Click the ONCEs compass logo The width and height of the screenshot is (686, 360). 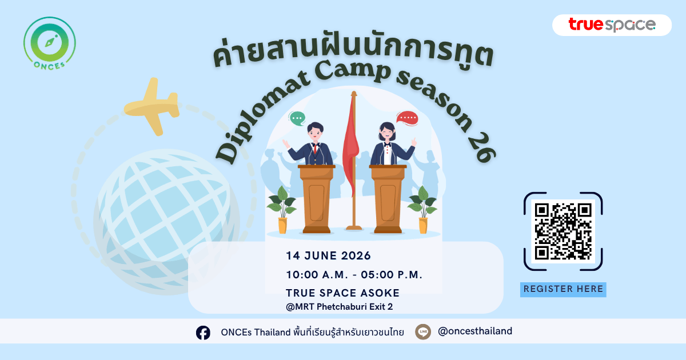point(50,43)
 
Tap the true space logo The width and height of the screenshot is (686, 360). point(612,25)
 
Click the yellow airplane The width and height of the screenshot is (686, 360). point(152,106)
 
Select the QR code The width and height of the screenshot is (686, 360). point(563,231)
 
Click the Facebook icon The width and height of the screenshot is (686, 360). point(203,333)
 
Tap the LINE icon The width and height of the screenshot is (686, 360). point(423,332)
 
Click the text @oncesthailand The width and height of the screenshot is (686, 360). point(475,331)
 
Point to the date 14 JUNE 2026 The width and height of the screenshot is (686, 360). point(328,255)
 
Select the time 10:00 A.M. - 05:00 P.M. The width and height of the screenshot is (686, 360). point(354,275)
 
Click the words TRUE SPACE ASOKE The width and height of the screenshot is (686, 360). point(342,293)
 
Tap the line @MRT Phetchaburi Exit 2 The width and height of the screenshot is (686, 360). point(340,307)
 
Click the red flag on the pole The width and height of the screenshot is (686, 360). point(350,144)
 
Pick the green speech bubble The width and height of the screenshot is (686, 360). point(297,118)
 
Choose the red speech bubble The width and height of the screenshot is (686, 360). point(407,118)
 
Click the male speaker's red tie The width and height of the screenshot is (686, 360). point(315,149)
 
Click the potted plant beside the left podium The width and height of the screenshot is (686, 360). point(282,210)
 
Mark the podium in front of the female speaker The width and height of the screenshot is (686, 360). point(388,199)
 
